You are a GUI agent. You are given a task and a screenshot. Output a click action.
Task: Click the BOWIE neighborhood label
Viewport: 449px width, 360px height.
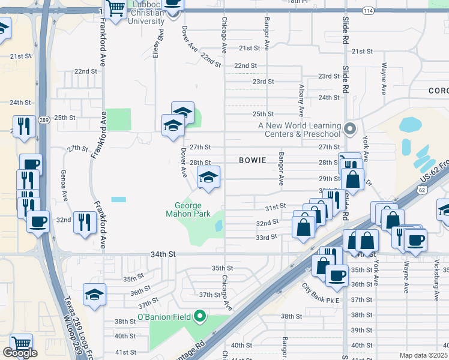coord(253,160)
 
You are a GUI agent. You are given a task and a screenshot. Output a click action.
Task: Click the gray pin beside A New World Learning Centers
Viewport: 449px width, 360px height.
coord(351,128)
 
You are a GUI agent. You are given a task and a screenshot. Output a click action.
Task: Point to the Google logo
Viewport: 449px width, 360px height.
coord(20,353)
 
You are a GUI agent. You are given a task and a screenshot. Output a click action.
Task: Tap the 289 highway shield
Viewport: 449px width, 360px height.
coord(43,120)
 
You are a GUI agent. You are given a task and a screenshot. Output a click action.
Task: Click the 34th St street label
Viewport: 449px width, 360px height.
coord(163,254)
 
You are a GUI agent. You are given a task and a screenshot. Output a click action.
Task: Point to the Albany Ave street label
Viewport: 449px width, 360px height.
coord(301,100)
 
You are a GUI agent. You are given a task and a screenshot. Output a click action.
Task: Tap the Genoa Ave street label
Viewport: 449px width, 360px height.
coord(63,185)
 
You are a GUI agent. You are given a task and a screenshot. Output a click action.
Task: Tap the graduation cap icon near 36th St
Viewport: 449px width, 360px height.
coord(95,294)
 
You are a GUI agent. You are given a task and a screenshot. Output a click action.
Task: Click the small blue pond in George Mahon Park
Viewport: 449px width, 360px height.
coord(218,226)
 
